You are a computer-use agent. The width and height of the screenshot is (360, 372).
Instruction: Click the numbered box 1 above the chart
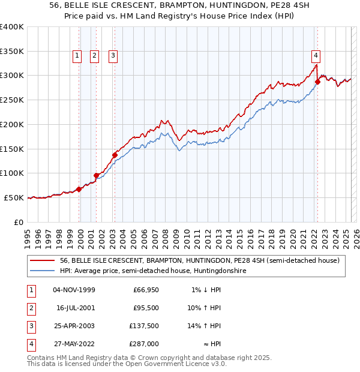point(77,56)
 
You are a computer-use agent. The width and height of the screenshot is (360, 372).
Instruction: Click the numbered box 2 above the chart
point(95,56)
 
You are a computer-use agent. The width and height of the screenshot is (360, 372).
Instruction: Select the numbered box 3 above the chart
point(113,56)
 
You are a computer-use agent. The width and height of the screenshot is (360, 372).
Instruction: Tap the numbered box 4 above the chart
point(316,56)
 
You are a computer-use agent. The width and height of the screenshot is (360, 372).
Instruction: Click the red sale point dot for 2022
point(317,82)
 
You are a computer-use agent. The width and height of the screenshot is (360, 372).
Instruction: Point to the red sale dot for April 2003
point(115,155)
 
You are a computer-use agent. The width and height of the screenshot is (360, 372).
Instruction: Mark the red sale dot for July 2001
point(96,175)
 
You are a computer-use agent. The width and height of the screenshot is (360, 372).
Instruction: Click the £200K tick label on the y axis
point(12,124)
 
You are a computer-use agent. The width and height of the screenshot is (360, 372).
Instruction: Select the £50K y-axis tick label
point(14,197)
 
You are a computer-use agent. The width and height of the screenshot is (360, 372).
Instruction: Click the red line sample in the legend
point(43,260)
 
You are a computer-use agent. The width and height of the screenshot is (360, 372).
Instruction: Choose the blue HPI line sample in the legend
point(43,271)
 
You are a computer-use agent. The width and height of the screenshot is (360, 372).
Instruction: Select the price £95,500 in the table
point(145,308)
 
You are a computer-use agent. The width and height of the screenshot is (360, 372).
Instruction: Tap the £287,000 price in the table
point(145,344)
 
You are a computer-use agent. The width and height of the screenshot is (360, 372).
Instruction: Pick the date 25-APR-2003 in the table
point(74,326)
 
